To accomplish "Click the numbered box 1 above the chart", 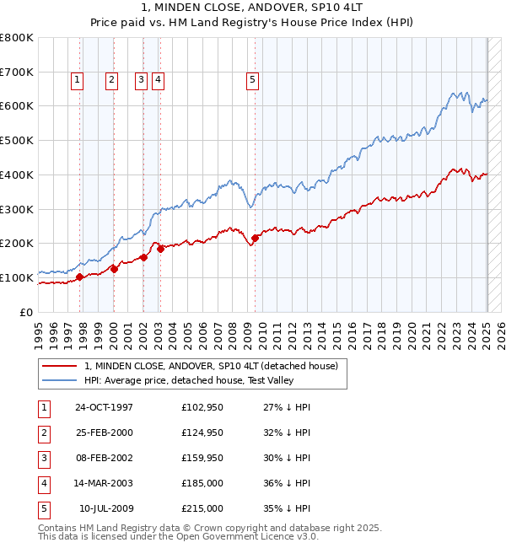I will point(77,80).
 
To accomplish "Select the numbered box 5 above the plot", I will point(253,80).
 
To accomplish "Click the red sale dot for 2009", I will point(255,238).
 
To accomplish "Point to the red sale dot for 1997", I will point(80,277).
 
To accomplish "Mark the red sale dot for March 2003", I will point(160,249).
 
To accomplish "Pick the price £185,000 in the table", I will point(202,483).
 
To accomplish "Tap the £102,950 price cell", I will point(202,407).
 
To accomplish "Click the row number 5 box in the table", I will point(42,508).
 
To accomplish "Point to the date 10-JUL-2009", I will point(105,508).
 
